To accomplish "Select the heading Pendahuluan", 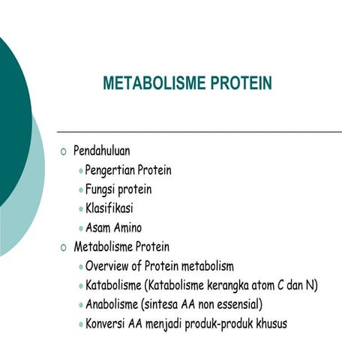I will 106,151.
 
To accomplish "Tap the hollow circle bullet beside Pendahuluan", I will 63,151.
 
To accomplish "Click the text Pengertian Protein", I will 128,170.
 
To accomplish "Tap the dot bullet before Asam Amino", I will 80,228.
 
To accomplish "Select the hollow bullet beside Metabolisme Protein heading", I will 63,247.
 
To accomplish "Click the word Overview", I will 110,266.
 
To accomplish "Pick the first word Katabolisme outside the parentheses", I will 115,286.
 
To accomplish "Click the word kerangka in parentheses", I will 230,286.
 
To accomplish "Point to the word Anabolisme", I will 113,304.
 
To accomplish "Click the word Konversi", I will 107,324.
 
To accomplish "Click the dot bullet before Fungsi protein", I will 80,190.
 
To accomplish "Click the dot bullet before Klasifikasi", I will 80,209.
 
